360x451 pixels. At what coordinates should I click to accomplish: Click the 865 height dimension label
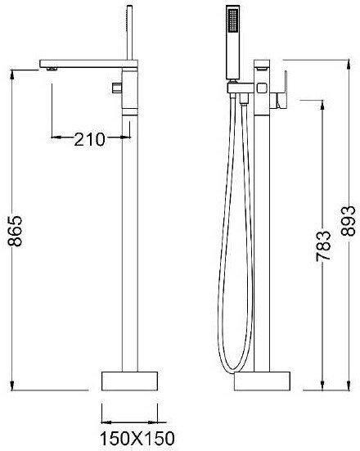coord(15,231)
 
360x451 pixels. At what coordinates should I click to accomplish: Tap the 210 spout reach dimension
coord(90,139)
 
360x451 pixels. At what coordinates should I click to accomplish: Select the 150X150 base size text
coord(137,439)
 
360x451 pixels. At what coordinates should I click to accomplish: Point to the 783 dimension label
coord(323,246)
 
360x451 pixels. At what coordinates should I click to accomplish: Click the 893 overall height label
coord(349,221)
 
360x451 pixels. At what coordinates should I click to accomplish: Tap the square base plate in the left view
coord(129,381)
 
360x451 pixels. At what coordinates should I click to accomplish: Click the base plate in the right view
coord(262,381)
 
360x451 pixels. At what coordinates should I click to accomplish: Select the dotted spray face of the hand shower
coord(232,20)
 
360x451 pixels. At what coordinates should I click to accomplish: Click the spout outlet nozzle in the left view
coord(52,69)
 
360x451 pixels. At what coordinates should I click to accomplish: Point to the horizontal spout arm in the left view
coord(88,64)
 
